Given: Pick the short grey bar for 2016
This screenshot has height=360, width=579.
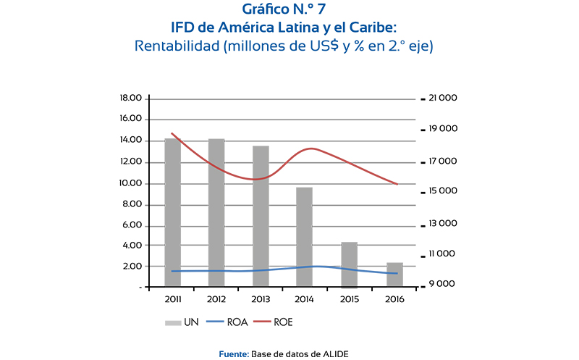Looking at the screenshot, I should point(394,275).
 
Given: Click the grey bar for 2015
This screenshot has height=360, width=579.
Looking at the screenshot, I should point(350,264).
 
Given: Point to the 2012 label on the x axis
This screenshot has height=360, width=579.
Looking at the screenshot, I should point(216,298).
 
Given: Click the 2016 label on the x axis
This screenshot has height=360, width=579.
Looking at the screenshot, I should point(394,298).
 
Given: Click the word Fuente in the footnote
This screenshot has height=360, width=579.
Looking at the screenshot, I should point(233,353).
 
